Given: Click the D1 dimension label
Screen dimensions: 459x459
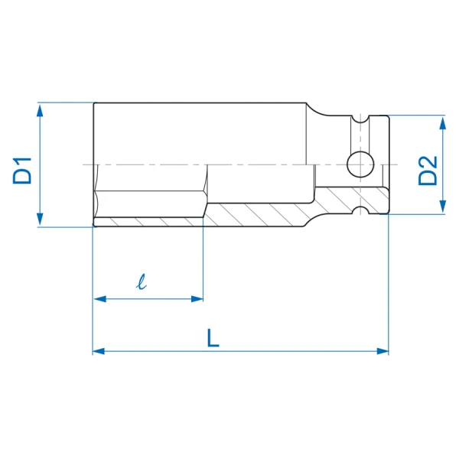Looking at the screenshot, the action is pos(22,171).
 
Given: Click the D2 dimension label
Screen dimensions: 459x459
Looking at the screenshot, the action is pos(428,171).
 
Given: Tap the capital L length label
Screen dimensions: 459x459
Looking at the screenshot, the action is pos(213,338).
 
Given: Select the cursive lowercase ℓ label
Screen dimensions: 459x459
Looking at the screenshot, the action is pos(142,282).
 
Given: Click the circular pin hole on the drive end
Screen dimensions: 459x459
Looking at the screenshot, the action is pos(360,164).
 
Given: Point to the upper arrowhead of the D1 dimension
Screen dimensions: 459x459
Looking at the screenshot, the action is pos(40,111).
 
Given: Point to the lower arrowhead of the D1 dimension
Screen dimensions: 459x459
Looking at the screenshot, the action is pos(40,218).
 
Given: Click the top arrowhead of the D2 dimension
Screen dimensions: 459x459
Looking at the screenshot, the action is pos(443,123).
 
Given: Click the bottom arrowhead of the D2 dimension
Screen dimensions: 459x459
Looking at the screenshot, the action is pos(443,207).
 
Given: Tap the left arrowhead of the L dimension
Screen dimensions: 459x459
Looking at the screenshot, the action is pos(99,350).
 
